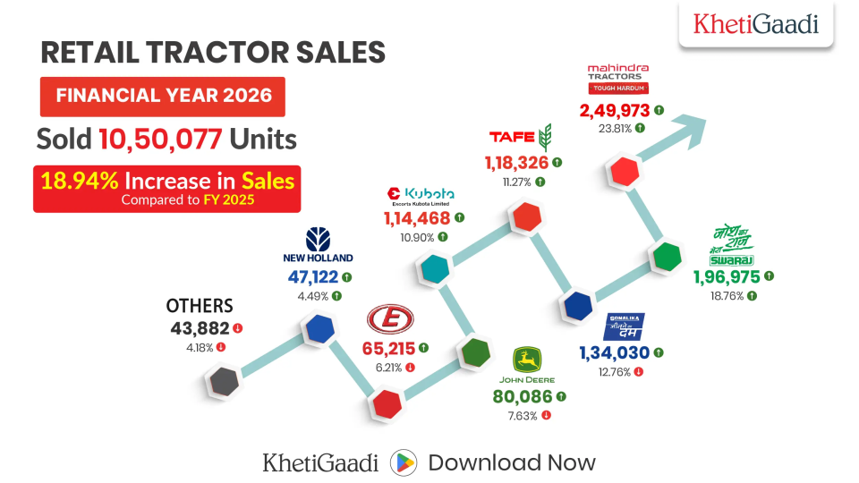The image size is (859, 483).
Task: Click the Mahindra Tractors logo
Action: [617, 79]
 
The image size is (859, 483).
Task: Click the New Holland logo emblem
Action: [318, 239]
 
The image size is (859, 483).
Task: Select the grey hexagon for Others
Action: [222, 382]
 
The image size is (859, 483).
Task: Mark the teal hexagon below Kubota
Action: [434, 267]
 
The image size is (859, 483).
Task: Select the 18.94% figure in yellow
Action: [79, 181]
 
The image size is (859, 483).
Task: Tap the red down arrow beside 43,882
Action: [237, 329]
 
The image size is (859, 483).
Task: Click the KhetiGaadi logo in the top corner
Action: [756, 24]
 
